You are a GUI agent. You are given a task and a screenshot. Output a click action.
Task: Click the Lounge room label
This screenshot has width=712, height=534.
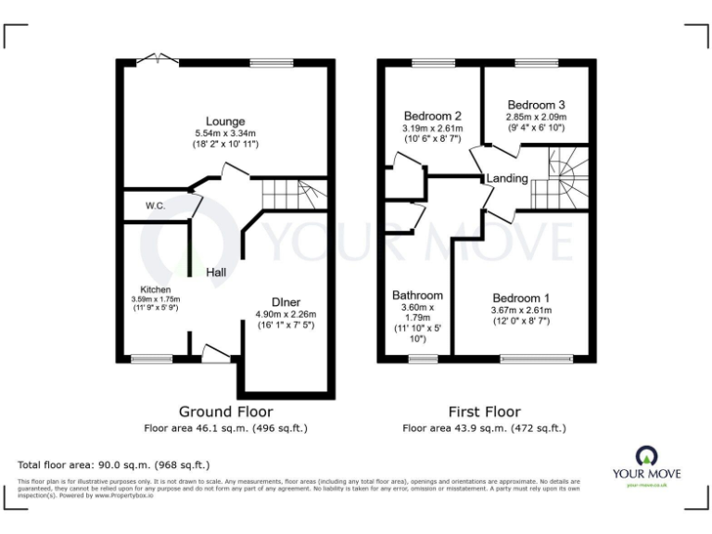point(225,121)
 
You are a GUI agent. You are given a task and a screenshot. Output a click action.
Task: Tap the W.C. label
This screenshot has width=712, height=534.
point(155,205)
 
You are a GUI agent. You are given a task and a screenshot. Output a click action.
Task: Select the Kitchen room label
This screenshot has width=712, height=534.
point(155,289)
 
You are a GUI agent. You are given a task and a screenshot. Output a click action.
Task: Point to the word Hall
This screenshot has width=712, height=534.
point(216,273)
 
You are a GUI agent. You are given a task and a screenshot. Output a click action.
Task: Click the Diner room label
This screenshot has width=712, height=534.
point(285,302)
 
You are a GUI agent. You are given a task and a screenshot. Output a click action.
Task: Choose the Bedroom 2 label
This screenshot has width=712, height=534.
point(432,116)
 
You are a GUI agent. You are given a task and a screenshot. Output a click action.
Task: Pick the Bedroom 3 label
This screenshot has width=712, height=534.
point(535,105)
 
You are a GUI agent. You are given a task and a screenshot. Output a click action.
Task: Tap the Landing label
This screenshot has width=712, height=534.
point(507,178)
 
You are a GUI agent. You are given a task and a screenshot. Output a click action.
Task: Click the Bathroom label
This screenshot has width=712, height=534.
point(417,296)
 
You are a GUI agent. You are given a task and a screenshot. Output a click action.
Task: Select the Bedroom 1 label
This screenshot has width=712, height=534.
point(521,299)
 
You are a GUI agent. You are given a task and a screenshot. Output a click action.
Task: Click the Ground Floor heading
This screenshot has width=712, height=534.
point(225,412)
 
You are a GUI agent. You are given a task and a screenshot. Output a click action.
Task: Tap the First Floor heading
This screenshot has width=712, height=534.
point(483,412)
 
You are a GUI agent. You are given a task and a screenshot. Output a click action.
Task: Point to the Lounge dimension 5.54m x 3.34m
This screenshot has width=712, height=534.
point(225,133)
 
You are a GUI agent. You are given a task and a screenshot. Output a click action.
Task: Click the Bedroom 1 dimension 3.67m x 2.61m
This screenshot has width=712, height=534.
point(521,311)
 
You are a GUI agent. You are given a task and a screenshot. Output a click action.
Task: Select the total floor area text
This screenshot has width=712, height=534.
point(114,464)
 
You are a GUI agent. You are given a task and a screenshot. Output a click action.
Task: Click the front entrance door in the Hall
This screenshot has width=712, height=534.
point(215,352)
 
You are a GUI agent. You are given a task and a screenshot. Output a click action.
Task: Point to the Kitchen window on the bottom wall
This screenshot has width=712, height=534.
point(151,359)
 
